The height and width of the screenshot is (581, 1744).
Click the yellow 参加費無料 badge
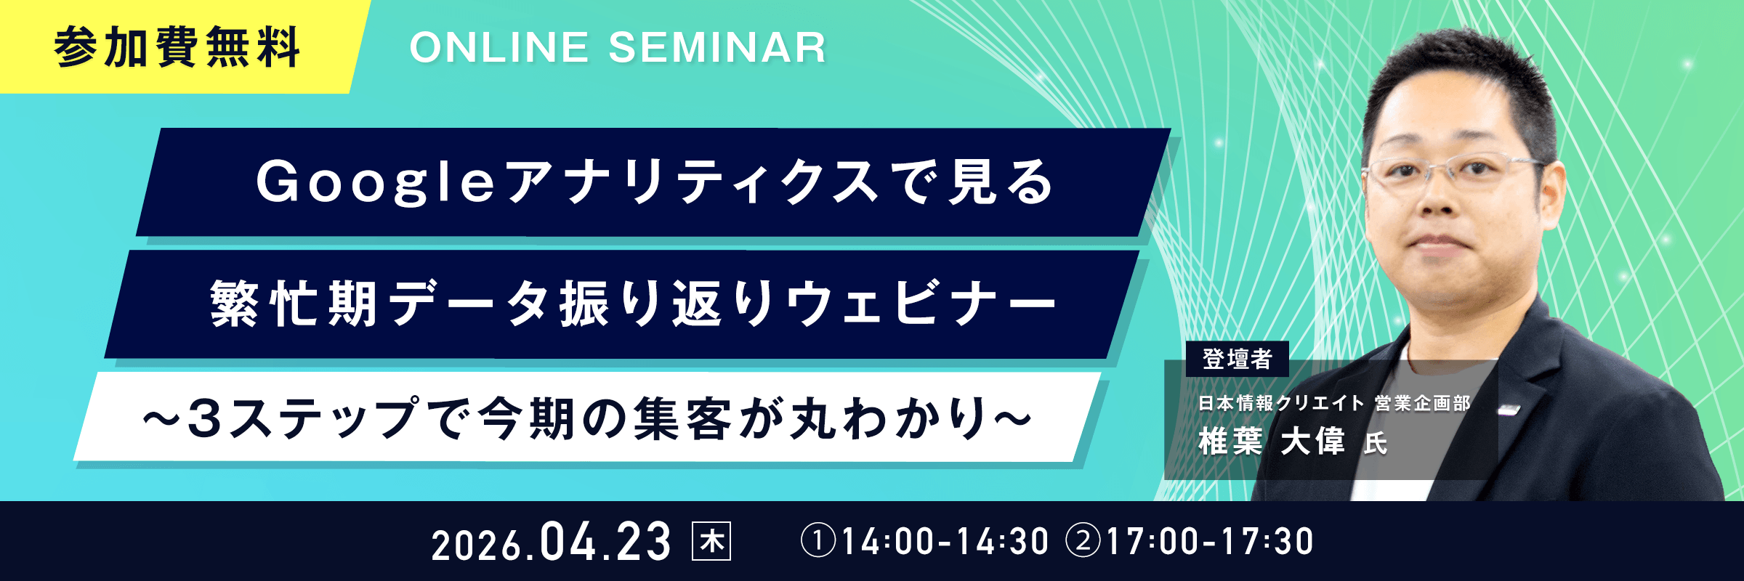tap(178, 46)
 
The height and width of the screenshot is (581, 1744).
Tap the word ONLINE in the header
tap(499, 48)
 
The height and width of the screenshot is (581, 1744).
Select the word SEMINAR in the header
tap(717, 48)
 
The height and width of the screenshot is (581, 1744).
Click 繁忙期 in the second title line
tap(294, 304)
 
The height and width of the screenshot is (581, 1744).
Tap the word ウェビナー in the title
tap(921, 304)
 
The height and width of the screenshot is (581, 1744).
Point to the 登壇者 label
tap(1237, 359)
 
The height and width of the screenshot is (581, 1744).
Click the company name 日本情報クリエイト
tap(1281, 403)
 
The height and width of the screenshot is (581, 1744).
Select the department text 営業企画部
tap(1423, 403)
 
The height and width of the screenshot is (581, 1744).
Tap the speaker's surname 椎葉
tap(1231, 441)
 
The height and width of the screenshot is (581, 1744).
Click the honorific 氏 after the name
tap(1376, 443)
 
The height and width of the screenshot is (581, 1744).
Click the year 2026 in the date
tap(477, 545)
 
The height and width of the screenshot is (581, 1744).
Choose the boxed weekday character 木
tap(711, 542)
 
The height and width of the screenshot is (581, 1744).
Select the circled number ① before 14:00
tap(818, 542)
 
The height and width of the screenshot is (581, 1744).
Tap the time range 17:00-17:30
tap(1210, 542)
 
